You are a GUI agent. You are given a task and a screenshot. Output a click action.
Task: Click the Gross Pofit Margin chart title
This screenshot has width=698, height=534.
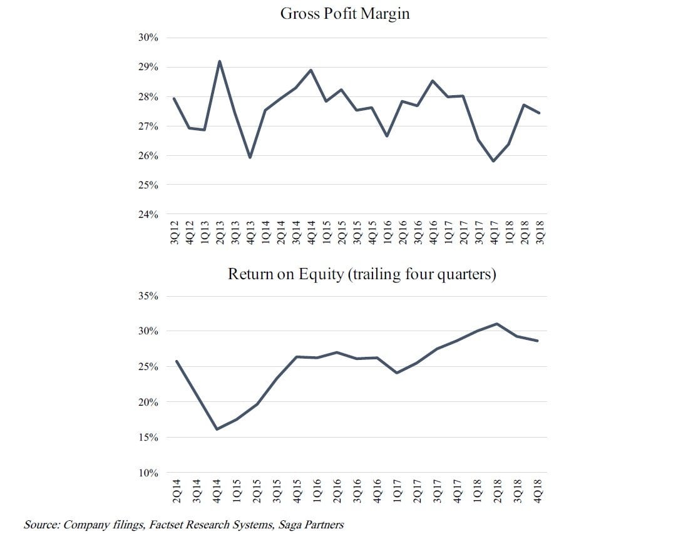point(344,14)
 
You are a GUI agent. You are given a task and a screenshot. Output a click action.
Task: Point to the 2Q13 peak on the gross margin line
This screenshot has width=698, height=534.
point(219,61)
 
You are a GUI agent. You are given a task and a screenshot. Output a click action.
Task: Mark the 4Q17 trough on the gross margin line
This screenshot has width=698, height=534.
point(495,161)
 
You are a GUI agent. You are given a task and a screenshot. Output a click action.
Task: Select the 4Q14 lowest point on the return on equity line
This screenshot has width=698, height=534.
point(217,429)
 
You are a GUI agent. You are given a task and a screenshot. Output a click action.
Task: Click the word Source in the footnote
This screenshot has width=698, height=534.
point(39,525)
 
